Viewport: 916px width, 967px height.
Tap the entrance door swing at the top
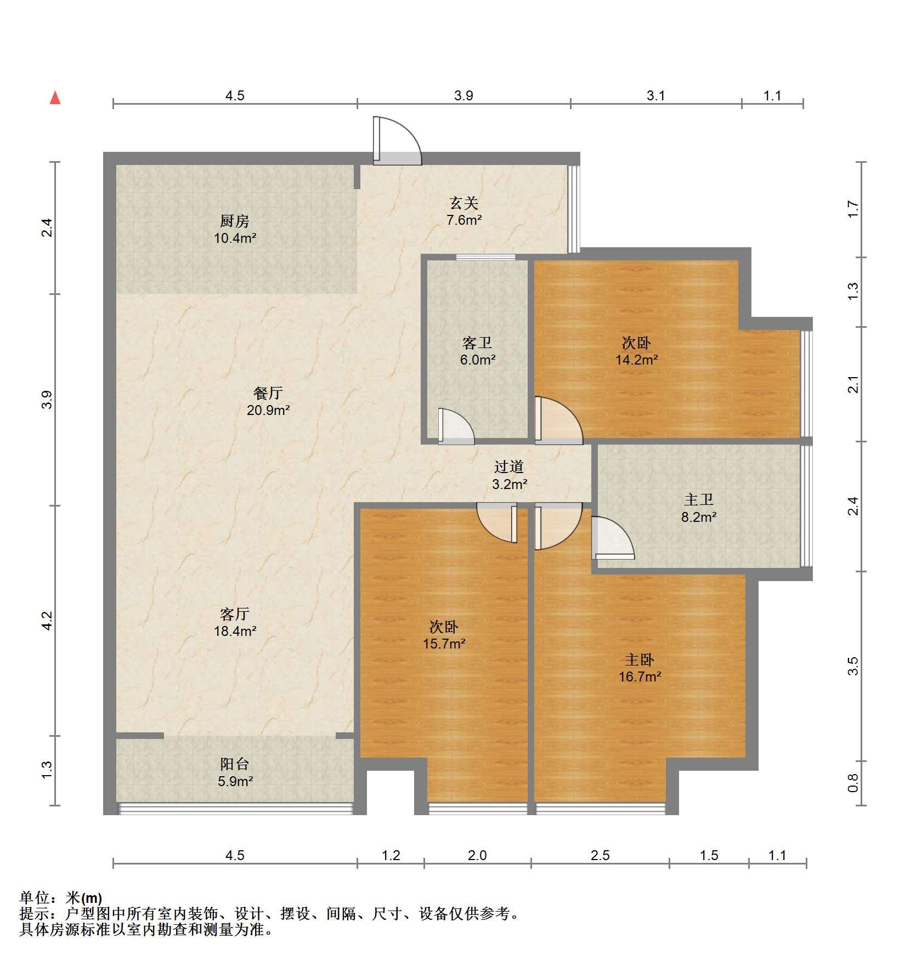[x=397, y=141]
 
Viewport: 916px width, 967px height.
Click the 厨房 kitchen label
[x=235, y=221]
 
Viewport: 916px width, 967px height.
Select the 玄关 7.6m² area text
[x=464, y=212]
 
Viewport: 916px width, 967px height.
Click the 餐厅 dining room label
[x=268, y=393]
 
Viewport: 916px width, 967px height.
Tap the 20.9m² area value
[x=268, y=410]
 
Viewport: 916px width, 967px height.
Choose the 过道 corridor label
[x=510, y=467]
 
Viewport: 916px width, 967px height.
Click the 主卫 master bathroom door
[x=613, y=538]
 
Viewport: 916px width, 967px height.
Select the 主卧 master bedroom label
[x=640, y=660]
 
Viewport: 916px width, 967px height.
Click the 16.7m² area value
[x=640, y=677]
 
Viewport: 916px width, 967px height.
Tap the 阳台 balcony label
[x=235, y=764]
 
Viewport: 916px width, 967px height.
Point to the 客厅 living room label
[x=235, y=614]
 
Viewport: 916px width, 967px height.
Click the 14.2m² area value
[x=636, y=360]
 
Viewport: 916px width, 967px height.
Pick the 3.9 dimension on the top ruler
[x=463, y=96]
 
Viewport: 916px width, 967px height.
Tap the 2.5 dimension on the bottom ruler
[x=600, y=855]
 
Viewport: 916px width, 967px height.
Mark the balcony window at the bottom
[x=235, y=809]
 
